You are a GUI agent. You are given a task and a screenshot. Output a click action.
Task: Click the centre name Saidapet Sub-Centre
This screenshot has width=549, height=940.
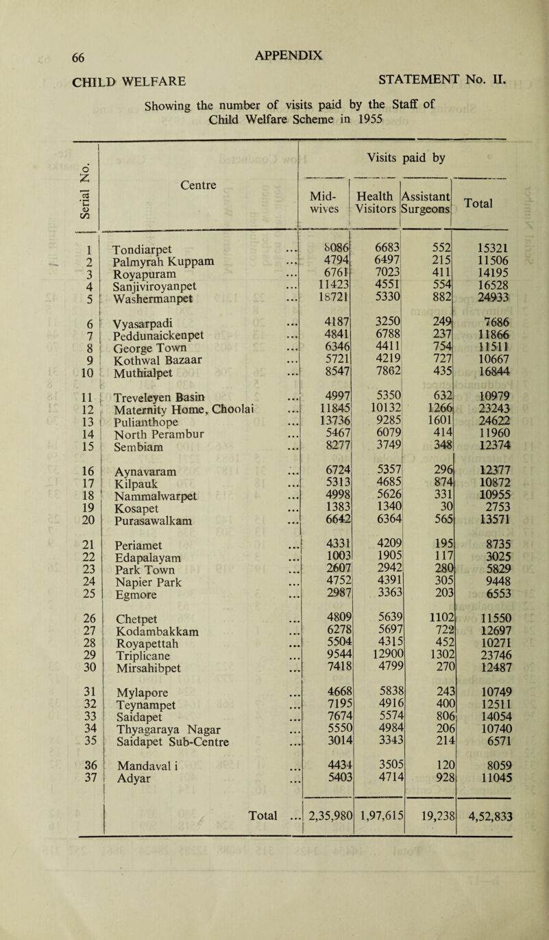tap(168, 816)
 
